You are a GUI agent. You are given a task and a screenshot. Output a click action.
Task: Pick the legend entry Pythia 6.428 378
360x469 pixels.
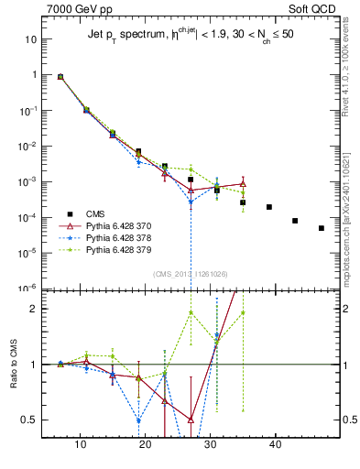pyautogui.click(x=109, y=236)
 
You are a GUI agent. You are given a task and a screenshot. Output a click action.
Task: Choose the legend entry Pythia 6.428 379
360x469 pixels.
pyautogui.click(x=109, y=248)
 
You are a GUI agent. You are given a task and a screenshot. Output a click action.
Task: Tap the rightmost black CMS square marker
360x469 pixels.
pyautogui.click(x=322, y=228)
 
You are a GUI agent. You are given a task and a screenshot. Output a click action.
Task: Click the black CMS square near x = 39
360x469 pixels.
pyautogui.click(x=269, y=207)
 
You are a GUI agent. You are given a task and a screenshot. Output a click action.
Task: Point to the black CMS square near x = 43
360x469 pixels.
pyautogui.click(x=295, y=221)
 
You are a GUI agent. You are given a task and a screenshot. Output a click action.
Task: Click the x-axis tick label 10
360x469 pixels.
pyautogui.click(x=81, y=444)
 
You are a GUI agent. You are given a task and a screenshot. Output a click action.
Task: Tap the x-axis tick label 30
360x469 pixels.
pyautogui.click(x=211, y=444)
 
